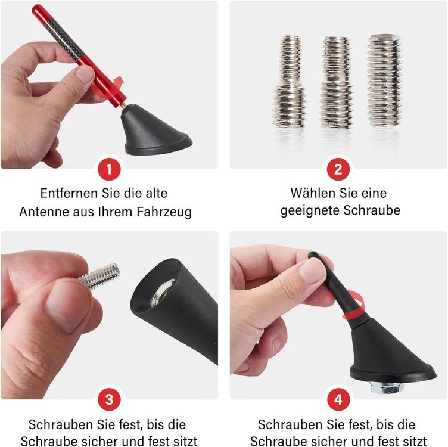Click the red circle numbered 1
click(x=109, y=169)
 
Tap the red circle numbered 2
click(x=338, y=169)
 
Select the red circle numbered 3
click(x=109, y=399)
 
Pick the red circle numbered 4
click(x=338, y=399)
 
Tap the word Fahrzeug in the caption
click(x=164, y=212)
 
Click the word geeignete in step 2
click(x=310, y=211)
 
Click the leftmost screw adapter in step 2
click(x=290, y=82)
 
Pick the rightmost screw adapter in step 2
click(x=384, y=81)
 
